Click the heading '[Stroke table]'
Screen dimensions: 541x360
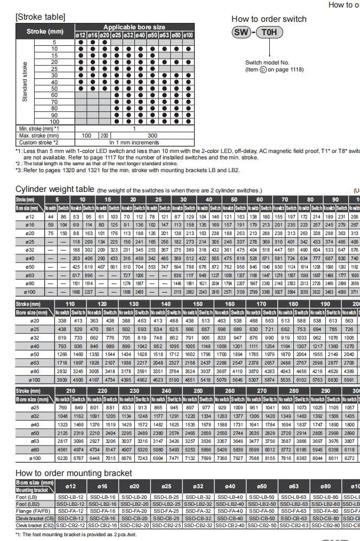coord(41,17)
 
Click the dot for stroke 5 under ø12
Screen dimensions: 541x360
coord(81,42)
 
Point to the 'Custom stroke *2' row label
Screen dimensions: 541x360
coord(38,142)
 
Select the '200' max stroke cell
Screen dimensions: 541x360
coord(105,135)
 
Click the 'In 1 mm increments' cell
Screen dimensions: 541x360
coord(134,142)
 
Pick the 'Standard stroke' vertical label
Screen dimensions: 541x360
coord(25,82)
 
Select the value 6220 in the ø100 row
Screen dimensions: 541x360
coord(63,458)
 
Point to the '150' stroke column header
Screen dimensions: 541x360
coord(198,304)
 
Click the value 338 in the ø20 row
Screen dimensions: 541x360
coord(62,321)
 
